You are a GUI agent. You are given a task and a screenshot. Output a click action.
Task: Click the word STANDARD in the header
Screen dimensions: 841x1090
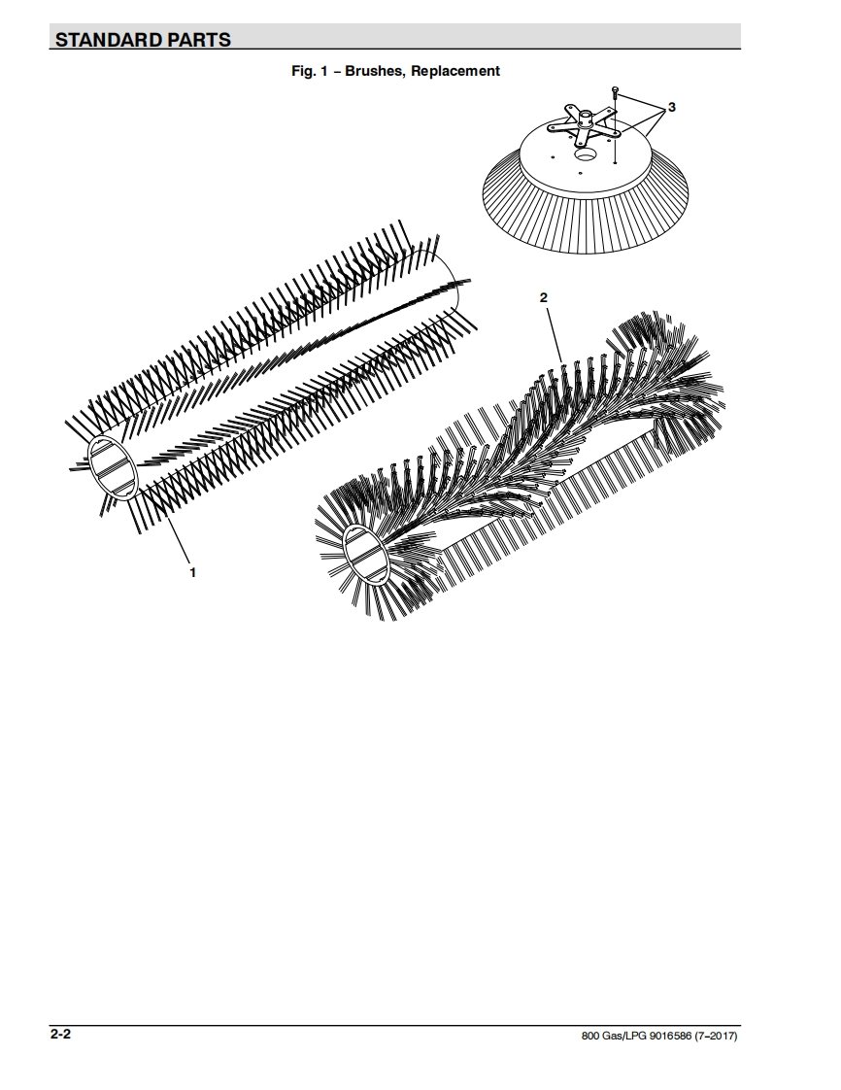[107, 40]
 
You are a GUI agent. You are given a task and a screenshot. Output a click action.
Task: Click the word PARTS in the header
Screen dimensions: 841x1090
[198, 40]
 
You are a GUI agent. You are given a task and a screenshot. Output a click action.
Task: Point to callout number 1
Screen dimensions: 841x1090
[192, 572]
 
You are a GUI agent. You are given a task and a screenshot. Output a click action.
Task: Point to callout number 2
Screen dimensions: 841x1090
[544, 297]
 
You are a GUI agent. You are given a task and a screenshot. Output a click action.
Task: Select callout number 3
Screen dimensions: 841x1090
[671, 107]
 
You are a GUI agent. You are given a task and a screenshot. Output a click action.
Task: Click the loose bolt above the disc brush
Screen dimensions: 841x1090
[615, 91]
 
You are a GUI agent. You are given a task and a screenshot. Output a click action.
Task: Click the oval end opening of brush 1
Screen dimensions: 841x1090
[114, 469]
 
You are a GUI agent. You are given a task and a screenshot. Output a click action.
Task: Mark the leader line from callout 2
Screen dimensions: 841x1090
[554, 334]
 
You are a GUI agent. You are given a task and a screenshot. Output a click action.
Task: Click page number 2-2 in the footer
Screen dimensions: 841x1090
[60, 1035]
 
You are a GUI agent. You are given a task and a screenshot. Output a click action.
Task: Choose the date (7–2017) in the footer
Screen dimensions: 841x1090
[716, 1037]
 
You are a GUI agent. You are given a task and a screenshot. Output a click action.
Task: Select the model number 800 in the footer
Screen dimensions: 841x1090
[589, 1037]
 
